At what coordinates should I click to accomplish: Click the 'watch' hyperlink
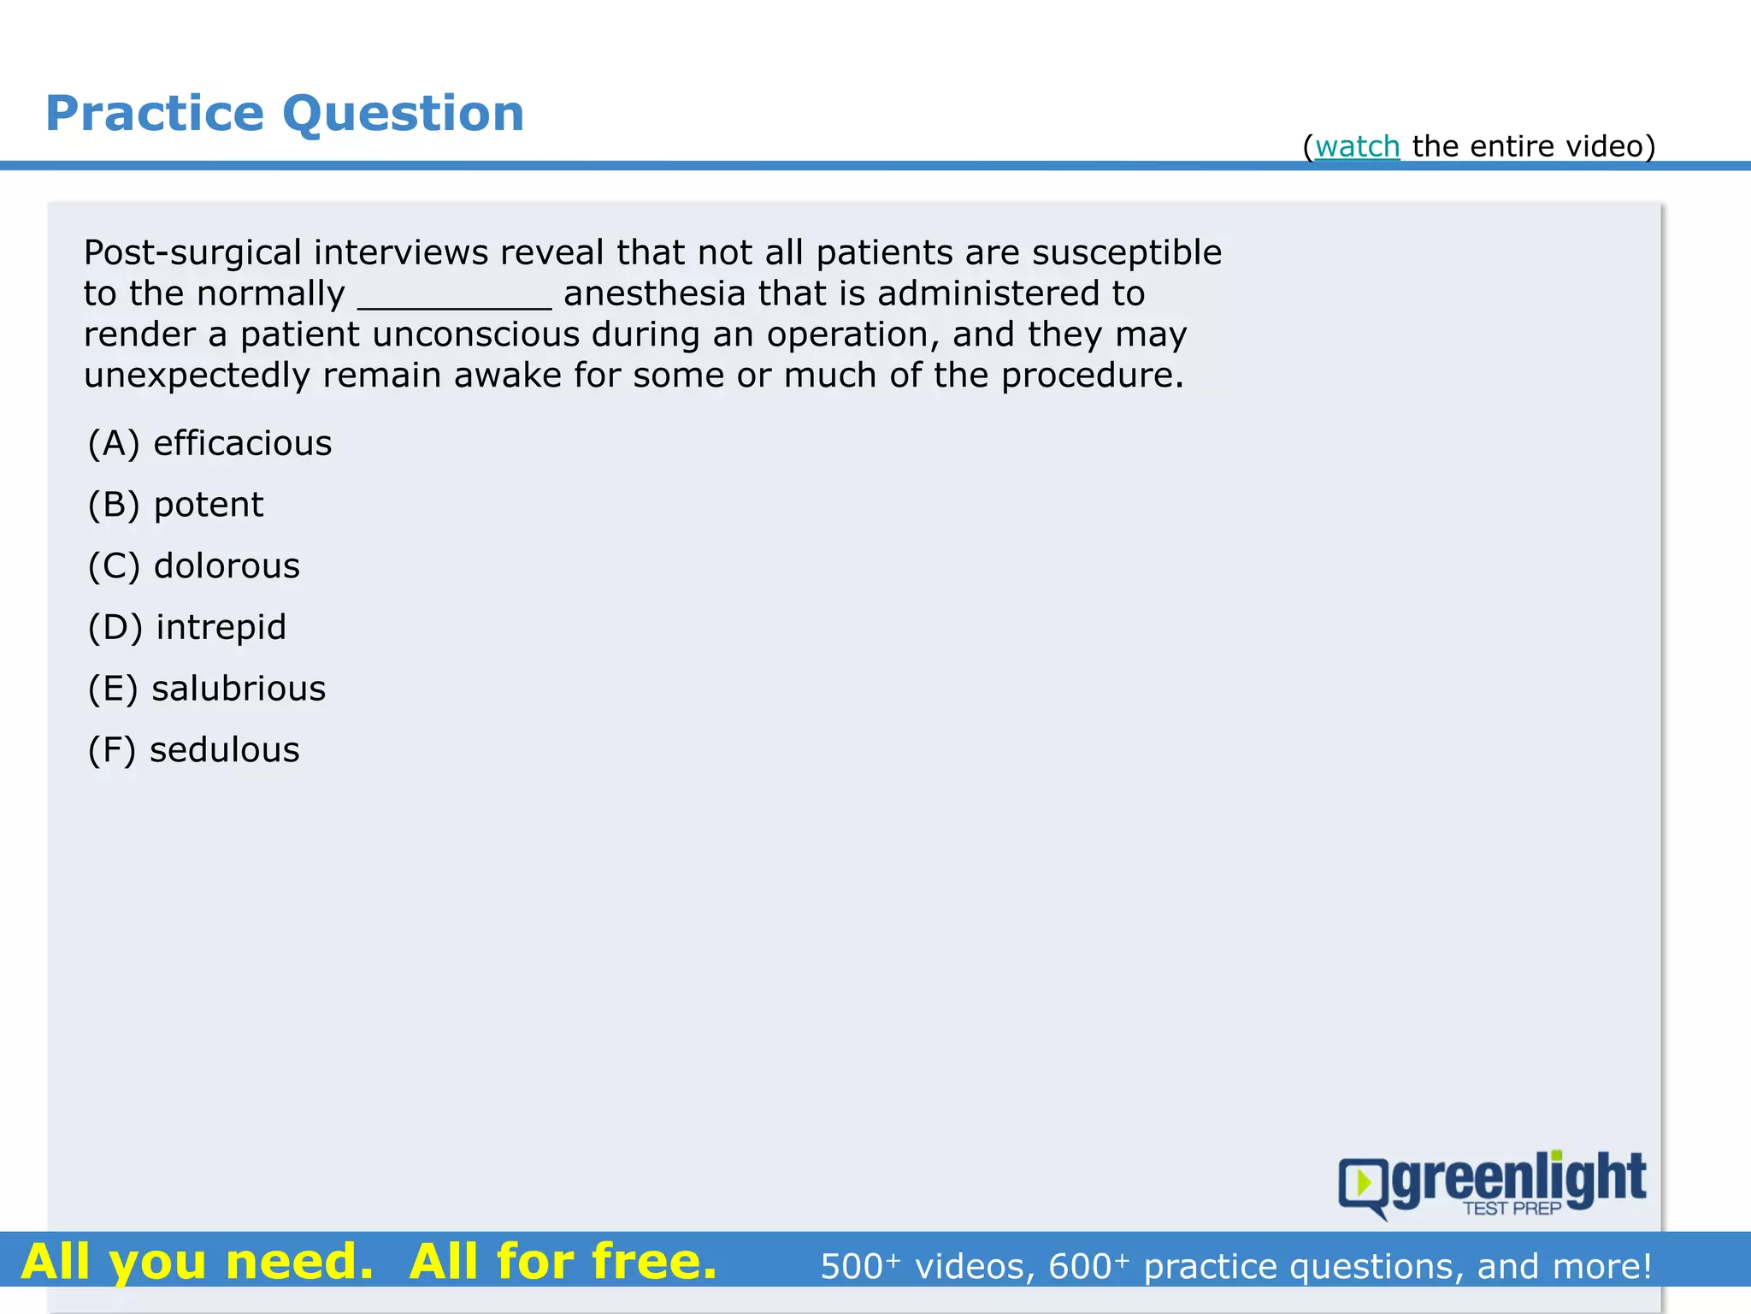1357,147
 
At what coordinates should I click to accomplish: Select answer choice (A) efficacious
210,444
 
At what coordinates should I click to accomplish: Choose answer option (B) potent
176,506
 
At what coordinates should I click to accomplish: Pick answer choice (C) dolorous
194,566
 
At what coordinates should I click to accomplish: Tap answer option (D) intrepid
187,628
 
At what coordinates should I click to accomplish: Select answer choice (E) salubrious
207,690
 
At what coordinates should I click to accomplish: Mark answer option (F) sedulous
194,750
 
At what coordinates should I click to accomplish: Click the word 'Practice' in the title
155,114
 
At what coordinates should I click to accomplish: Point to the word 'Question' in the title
403,114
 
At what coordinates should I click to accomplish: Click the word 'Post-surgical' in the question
192,253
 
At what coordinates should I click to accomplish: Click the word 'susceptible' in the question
1126,253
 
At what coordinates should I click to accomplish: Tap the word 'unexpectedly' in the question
197,376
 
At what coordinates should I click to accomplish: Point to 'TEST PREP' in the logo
1512,1209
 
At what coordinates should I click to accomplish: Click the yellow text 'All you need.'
198,1262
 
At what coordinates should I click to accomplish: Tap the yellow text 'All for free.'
563,1262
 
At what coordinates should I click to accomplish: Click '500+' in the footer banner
859,1266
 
